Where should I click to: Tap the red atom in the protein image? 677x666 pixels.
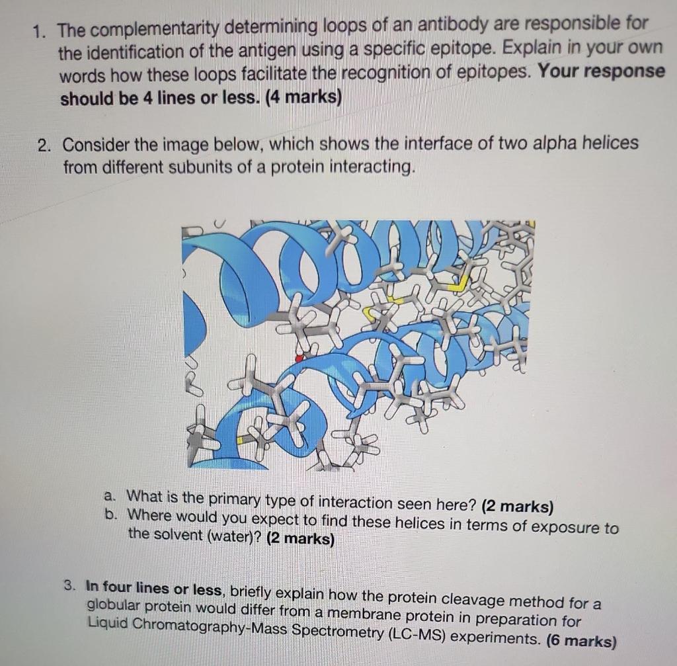(x=299, y=358)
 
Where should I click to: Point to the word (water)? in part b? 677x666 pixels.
(x=229, y=537)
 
